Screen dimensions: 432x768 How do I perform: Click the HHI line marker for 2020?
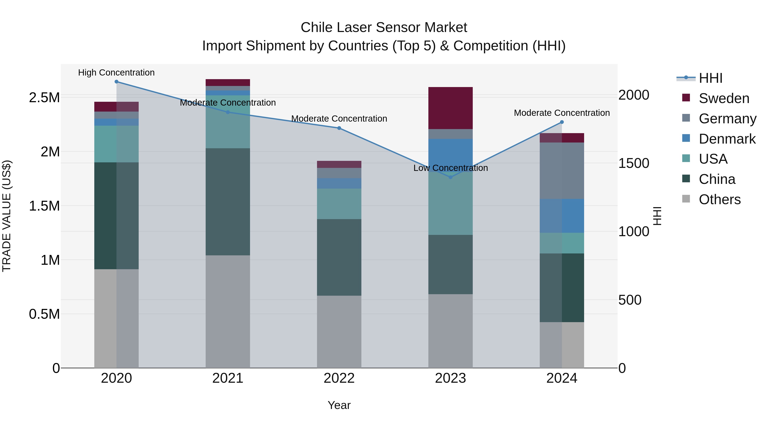click(x=116, y=82)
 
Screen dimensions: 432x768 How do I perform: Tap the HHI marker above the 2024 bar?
click(x=562, y=122)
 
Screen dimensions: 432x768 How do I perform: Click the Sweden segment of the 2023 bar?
click(x=451, y=108)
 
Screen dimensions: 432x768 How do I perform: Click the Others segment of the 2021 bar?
click(x=228, y=311)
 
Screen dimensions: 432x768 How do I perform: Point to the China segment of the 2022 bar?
click(x=339, y=257)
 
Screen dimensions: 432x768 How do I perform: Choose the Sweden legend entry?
click(x=724, y=98)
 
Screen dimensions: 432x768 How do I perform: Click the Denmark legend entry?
click(x=727, y=139)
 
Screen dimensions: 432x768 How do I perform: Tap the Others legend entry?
click(x=719, y=199)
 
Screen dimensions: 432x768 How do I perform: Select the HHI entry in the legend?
click(x=710, y=78)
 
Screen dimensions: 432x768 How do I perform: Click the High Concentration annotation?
click(x=116, y=73)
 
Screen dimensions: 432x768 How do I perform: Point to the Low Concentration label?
click(x=451, y=168)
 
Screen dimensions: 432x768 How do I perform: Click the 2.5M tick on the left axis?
click(x=44, y=98)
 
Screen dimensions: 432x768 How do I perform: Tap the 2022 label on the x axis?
click(x=339, y=378)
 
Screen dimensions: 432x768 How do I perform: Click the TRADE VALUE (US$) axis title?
click(x=7, y=216)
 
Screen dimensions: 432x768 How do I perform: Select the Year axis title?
click(x=339, y=405)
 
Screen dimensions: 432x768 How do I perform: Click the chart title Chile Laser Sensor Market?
click(x=384, y=28)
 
